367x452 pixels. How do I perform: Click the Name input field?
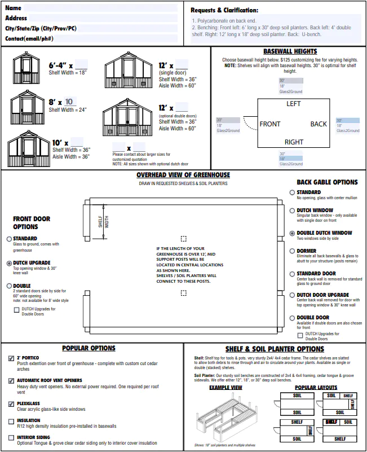click(x=101, y=8)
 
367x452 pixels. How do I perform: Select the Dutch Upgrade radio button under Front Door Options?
click(x=10, y=263)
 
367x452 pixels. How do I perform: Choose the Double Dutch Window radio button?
click(x=291, y=233)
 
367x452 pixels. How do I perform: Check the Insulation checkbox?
click(x=12, y=421)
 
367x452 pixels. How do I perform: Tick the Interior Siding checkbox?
click(x=12, y=438)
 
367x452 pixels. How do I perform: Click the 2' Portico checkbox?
click(x=12, y=358)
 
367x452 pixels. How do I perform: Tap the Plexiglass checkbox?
click(x=12, y=404)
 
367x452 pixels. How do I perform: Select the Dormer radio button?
click(x=291, y=251)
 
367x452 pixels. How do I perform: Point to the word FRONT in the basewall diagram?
click(x=270, y=124)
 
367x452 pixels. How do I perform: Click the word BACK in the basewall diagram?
click(x=319, y=124)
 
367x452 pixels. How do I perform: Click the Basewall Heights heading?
click(x=290, y=51)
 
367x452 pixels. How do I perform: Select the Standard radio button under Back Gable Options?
click(x=291, y=192)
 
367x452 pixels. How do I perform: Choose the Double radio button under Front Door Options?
click(x=10, y=286)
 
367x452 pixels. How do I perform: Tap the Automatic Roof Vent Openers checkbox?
click(x=12, y=381)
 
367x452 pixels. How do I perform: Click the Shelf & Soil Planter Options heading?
click(x=275, y=349)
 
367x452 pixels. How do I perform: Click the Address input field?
click(x=101, y=18)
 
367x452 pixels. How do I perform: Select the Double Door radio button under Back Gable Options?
click(x=291, y=318)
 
